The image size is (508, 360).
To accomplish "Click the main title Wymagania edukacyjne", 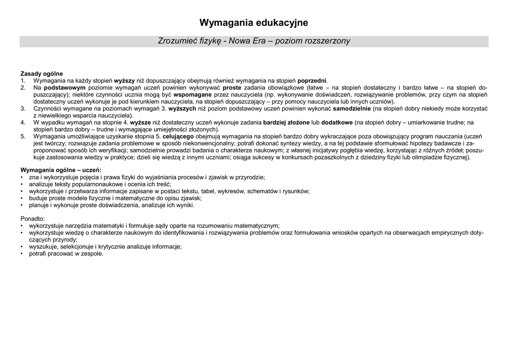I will pos(254,23).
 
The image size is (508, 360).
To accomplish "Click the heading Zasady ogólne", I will pos(42,74).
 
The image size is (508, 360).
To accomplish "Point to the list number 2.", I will pos(23,87).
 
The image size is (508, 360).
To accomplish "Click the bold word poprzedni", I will pos(312,81).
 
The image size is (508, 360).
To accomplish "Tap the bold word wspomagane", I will pos(192,94).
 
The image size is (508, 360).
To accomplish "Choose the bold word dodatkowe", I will pos(337,122).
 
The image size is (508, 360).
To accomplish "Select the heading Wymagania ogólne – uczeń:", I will pos(61,170).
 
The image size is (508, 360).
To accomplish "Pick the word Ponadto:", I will pos(33,218).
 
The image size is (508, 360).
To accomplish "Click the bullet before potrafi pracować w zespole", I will pos(22,254).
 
